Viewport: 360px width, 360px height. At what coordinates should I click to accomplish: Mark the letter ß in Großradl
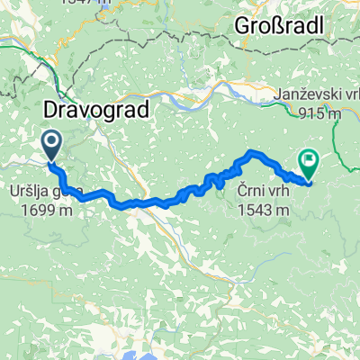click(277, 26)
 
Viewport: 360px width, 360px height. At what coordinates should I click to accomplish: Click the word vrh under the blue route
click(274, 193)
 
